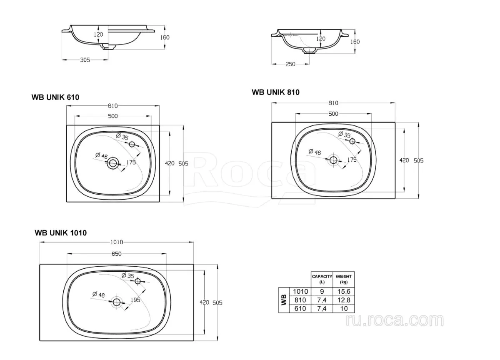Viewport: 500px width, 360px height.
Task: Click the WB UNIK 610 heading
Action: click(x=55, y=97)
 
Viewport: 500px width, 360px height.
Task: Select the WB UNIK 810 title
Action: click(x=276, y=92)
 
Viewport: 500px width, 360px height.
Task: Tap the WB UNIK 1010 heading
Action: click(x=61, y=233)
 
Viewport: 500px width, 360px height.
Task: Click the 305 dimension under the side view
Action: click(x=85, y=60)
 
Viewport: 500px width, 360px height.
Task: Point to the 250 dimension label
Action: click(x=290, y=64)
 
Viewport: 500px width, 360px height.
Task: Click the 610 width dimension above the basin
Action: click(x=113, y=106)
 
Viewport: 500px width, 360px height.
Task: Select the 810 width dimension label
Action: click(x=333, y=103)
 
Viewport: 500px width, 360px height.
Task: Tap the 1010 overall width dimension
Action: click(x=117, y=242)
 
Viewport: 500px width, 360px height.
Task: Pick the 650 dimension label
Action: click(x=117, y=254)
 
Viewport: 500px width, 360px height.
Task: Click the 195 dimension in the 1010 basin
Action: click(x=135, y=300)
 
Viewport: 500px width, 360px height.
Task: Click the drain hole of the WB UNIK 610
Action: click(x=113, y=163)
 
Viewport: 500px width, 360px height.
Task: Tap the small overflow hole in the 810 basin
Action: click(x=352, y=141)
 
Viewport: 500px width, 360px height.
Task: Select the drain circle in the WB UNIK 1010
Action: click(x=117, y=302)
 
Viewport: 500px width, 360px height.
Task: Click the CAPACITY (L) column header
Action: click(x=322, y=279)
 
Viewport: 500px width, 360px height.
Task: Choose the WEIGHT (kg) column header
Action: click(x=344, y=279)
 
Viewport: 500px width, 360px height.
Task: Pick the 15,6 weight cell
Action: click(x=344, y=292)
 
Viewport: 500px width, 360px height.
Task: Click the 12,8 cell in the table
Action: click(x=344, y=300)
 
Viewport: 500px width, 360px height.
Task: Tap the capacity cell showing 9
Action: click(x=322, y=292)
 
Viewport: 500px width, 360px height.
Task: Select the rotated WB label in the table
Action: click(x=284, y=300)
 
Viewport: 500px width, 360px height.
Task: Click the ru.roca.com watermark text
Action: click(x=395, y=320)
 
